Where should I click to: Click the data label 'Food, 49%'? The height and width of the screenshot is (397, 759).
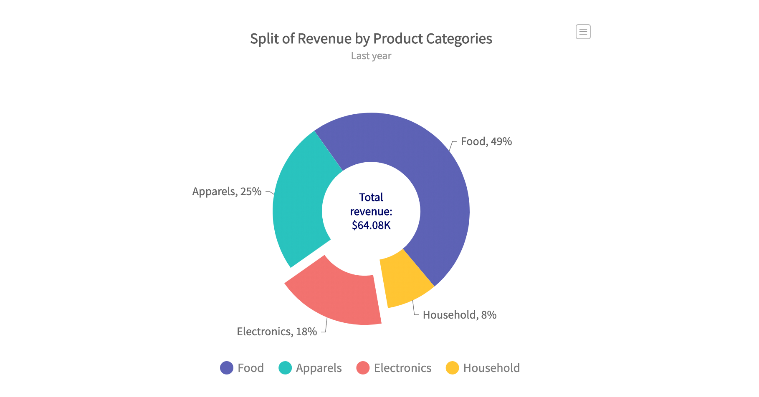click(x=486, y=141)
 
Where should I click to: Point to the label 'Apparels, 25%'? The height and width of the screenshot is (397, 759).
click(x=227, y=191)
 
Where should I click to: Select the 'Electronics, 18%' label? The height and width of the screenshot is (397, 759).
click(x=277, y=332)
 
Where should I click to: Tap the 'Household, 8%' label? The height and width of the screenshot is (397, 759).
click(x=459, y=315)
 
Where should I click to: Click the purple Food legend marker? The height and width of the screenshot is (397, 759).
click(x=227, y=368)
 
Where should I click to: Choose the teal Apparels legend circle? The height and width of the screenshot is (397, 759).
click(x=285, y=368)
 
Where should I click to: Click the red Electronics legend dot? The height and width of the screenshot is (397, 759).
click(x=363, y=368)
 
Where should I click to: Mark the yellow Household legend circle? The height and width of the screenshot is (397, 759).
click(x=452, y=368)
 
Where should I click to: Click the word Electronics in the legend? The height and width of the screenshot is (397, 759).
click(x=402, y=368)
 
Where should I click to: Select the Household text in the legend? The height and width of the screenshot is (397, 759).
click(x=491, y=368)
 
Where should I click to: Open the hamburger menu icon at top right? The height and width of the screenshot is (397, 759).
click(x=583, y=32)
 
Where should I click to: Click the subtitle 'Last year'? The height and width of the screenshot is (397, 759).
click(x=371, y=56)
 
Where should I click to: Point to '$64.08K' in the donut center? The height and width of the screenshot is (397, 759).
click(x=371, y=225)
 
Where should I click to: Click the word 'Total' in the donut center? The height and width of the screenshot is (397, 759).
click(x=371, y=197)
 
